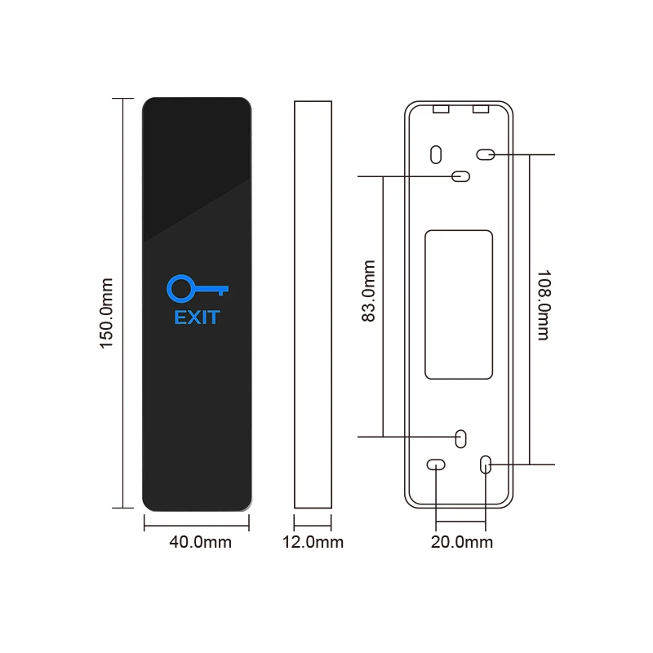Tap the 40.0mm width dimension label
tap(199, 542)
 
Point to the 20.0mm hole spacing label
tap(462, 542)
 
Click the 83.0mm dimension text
tap(369, 291)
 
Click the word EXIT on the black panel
tap(197, 318)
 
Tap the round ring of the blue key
tap(180, 288)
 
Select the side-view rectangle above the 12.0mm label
tap(313, 304)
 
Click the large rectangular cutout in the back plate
tap(459, 304)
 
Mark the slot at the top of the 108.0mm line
tap(486, 153)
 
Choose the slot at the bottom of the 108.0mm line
tap(486, 464)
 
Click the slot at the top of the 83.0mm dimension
tap(461, 175)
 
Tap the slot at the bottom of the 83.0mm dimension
tap(460, 438)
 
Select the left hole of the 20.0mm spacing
tap(436, 464)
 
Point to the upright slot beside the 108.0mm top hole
tap(436, 153)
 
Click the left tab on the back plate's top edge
tap(441, 108)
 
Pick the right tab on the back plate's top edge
tap(480, 108)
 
